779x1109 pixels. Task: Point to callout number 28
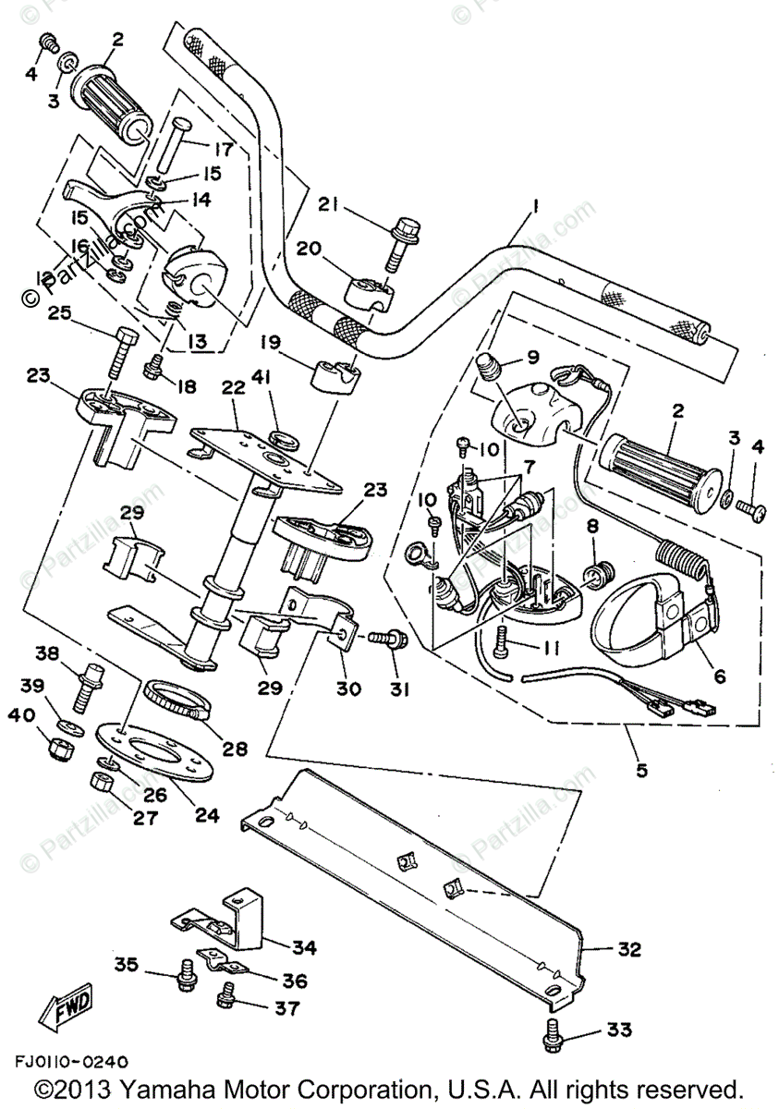[235, 748]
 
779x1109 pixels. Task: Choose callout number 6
[719, 676]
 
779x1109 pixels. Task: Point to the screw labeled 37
[227, 997]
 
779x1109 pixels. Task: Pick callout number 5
[641, 770]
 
